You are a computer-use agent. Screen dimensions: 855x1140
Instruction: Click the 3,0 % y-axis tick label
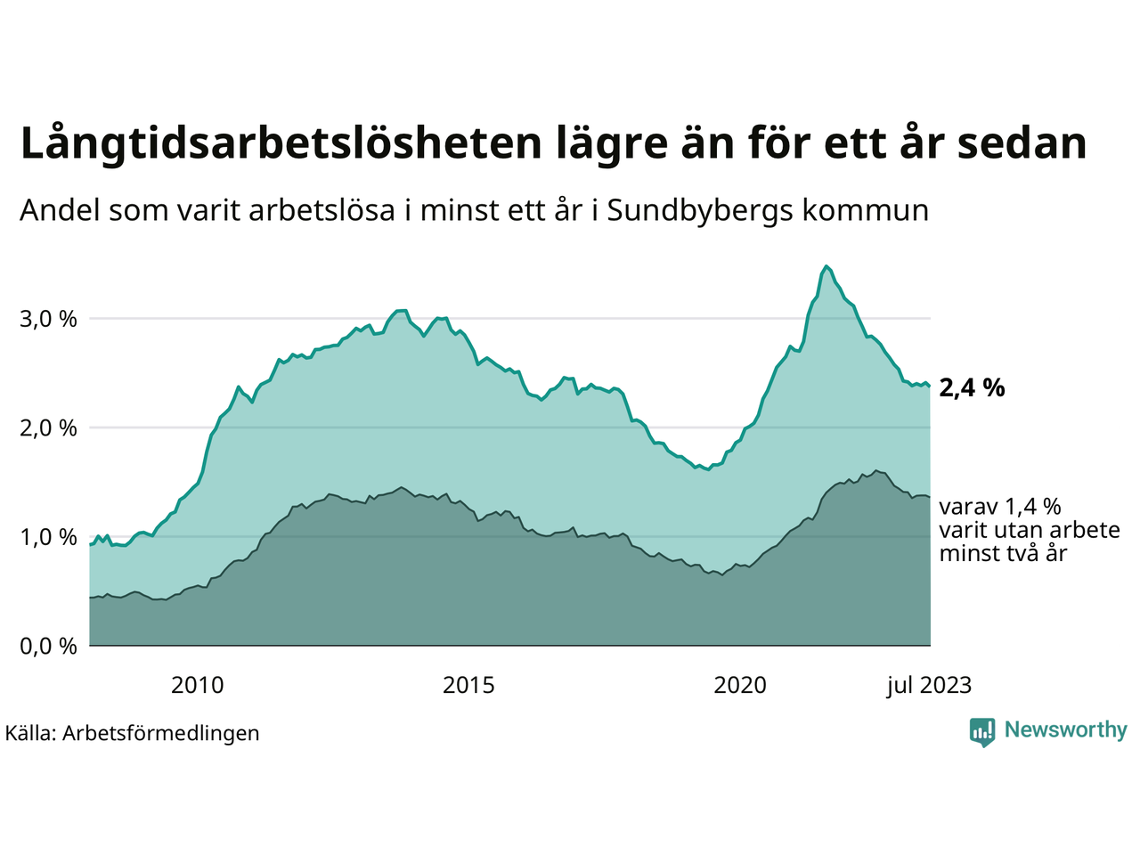(48, 319)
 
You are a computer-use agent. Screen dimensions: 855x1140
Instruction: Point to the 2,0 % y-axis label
(48, 427)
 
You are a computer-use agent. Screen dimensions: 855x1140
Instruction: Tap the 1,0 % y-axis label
(48, 537)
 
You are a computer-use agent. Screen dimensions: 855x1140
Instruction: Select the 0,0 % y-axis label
(48, 647)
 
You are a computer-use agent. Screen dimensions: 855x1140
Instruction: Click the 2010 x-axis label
(198, 685)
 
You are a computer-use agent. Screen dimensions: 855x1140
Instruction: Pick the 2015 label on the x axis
(469, 685)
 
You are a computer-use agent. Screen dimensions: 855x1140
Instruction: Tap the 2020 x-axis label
(741, 685)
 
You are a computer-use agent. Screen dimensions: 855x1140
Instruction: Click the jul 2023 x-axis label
(929, 685)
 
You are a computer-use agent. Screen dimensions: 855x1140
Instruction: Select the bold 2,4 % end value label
(972, 387)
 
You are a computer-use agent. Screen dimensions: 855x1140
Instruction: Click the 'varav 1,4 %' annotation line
(1000, 507)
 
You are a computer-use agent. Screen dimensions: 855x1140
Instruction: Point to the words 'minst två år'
(1003, 553)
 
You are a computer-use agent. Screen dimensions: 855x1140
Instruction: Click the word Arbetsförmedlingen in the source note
(161, 733)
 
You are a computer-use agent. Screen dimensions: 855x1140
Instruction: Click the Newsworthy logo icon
(982, 731)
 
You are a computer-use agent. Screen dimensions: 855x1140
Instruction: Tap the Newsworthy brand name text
(1065, 730)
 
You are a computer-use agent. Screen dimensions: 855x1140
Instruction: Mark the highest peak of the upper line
(826, 266)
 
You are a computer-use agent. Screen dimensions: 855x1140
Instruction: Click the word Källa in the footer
(29, 733)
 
